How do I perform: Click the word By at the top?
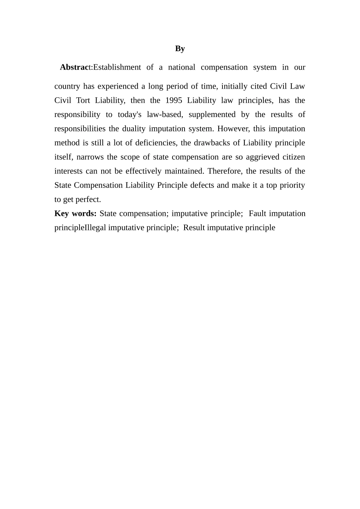click(x=180, y=48)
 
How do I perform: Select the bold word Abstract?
click(x=76, y=67)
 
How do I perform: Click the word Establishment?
click(x=117, y=67)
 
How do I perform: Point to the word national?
click(x=182, y=67)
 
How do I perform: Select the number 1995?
click(x=174, y=100)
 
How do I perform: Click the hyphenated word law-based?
click(x=164, y=114)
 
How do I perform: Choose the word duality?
click(x=133, y=129)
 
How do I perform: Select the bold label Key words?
click(x=75, y=214)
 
